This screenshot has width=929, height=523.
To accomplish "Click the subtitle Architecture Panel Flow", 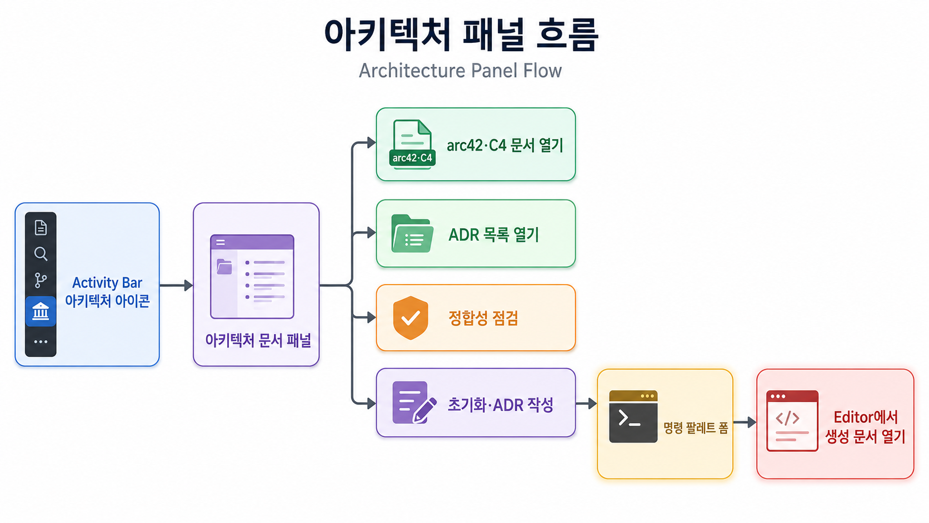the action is pyautogui.click(x=460, y=71).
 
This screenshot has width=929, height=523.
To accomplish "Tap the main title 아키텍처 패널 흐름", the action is pyautogui.click(x=461, y=35).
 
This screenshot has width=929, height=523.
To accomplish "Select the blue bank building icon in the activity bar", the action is pyautogui.click(x=41, y=311).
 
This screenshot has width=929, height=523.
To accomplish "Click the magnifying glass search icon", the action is pyautogui.click(x=41, y=254).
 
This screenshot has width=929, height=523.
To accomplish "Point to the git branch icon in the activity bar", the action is pyautogui.click(x=41, y=280).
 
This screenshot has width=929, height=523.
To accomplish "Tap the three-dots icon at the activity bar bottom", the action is pyautogui.click(x=41, y=342).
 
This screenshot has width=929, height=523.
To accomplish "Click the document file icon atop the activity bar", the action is pyautogui.click(x=41, y=228).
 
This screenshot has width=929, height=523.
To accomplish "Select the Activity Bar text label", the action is pyautogui.click(x=107, y=283).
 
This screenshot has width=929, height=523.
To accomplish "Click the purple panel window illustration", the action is pyautogui.click(x=252, y=277).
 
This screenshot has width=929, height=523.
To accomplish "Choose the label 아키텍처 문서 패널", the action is pyautogui.click(x=258, y=341).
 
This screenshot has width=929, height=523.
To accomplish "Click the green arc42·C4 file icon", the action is pyautogui.click(x=412, y=145).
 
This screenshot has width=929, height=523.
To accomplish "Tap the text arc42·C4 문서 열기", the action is pyautogui.click(x=505, y=146).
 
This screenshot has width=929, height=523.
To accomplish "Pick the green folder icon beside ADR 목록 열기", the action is pyautogui.click(x=412, y=233).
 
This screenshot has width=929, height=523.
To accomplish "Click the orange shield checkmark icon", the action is pyautogui.click(x=411, y=318).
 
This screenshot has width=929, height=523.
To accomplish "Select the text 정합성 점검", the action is pyautogui.click(x=483, y=318).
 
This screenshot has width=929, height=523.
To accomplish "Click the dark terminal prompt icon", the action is pyautogui.click(x=633, y=416).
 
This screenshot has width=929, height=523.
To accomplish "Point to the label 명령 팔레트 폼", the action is pyautogui.click(x=696, y=427).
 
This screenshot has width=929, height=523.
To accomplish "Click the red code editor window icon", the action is pyautogui.click(x=792, y=421).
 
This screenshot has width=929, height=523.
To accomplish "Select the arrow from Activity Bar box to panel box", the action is pyautogui.click(x=176, y=285).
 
